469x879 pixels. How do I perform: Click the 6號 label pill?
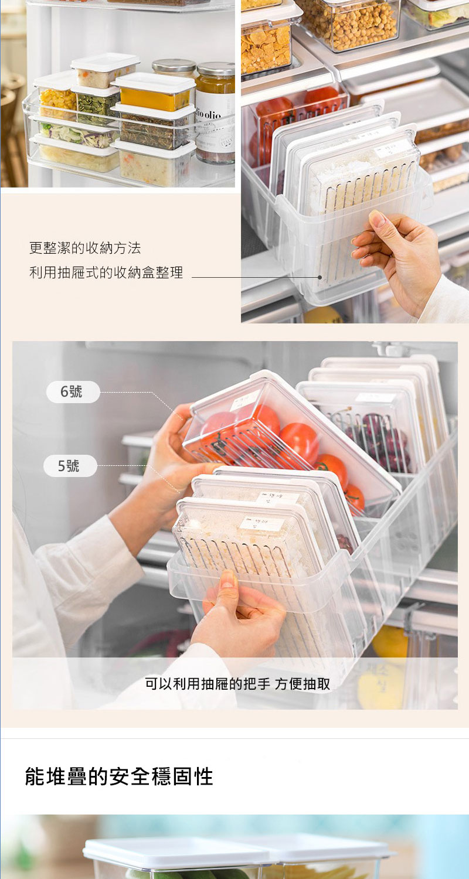73,392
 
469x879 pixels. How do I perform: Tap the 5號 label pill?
70,466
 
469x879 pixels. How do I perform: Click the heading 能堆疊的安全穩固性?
119,776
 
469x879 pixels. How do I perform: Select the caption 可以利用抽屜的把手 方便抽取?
237,683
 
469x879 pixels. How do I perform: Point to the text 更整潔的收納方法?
85,248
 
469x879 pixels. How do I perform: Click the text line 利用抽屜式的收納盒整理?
106,272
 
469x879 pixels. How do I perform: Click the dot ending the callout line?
320,277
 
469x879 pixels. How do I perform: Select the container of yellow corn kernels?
56,100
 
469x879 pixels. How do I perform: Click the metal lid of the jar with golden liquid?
215,70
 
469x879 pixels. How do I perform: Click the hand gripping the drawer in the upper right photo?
399,252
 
